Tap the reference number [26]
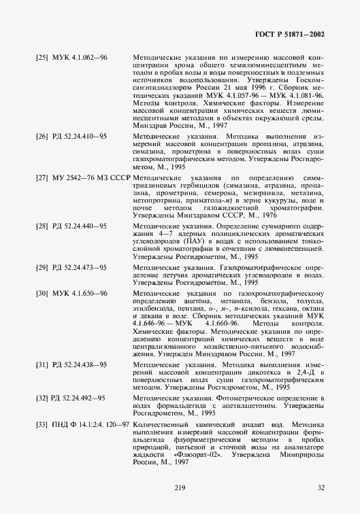click(x=42, y=137)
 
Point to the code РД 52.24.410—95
click(x=79, y=137)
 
